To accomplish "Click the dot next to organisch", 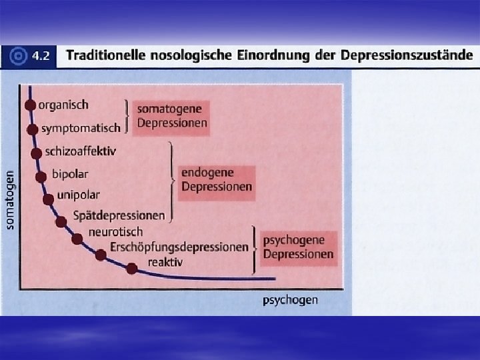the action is [x=30, y=105].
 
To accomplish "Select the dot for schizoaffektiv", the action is [x=36, y=152].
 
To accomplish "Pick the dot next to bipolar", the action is [x=41, y=176].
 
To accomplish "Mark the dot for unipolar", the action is [x=48, y=199].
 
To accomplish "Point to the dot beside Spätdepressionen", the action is [x=61, y=221].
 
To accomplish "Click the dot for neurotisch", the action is [x=79, y=237].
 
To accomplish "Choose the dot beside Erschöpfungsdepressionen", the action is [x=101, y=254].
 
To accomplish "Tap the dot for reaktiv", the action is [x=132, y=268].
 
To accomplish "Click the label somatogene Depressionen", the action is [x=171, y=115].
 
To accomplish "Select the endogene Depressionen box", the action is [x=217, y=179].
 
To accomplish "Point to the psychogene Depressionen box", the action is [x=297, y=246].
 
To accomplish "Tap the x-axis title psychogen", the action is [x=290, y=301].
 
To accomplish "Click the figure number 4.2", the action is [x=41, y=56].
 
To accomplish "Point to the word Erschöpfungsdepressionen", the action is [x=179, y=247].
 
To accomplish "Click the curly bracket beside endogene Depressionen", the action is [x=173, y=181].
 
